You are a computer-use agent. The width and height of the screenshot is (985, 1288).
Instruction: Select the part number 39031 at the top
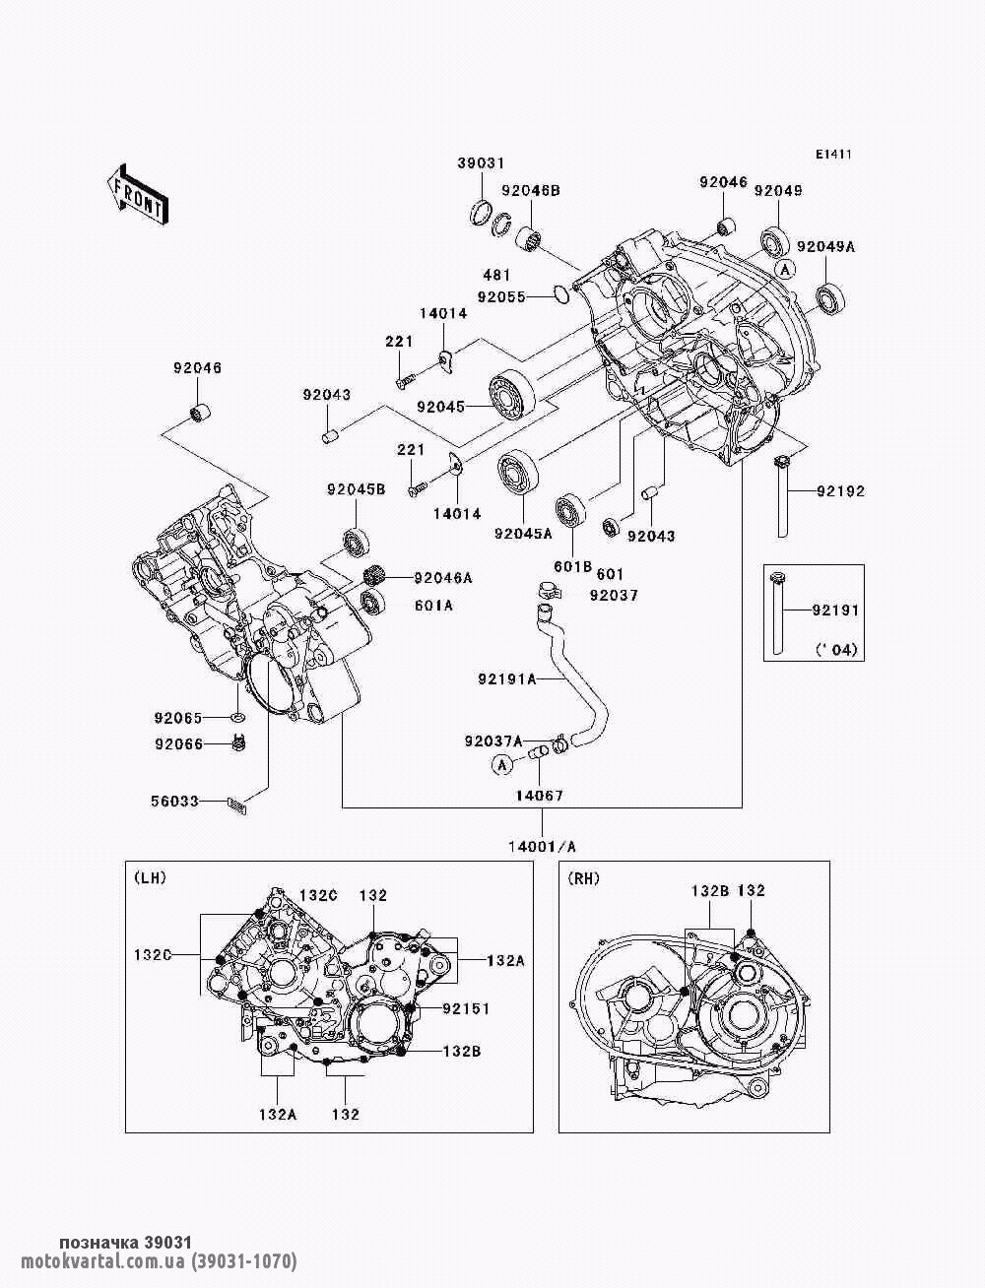click(480, 163)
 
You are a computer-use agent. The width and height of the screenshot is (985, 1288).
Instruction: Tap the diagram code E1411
click(832, 155)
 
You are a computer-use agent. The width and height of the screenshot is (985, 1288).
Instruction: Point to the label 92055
click(501, 295)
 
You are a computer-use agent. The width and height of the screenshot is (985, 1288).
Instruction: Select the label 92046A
click(442, 578)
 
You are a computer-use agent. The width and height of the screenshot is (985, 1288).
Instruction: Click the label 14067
click(538, 795)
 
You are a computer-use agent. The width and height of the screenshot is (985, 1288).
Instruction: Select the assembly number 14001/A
click(543, 846)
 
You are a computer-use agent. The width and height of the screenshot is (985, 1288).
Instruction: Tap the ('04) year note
click(836, 650)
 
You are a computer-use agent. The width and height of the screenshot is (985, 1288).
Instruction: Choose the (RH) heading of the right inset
click(583, 876)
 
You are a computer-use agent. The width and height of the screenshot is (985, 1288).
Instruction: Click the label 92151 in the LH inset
click(466, 1008)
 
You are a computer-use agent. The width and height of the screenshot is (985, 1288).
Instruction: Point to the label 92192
click(839, 490)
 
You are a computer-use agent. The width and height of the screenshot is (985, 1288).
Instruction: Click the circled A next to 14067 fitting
click(501, 763)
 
